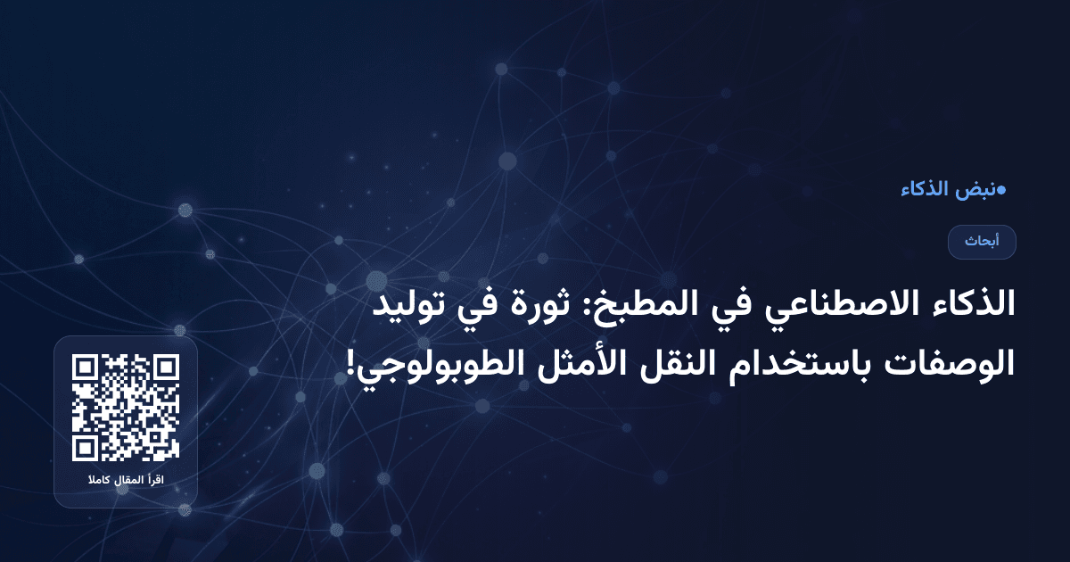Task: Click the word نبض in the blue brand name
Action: pyautogui.click(x=978, y=190)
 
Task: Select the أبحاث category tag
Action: pyautogui.click(x=982, y=242)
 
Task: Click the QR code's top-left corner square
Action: pyautogui.click(x=85, y=368)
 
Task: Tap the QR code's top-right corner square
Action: pyautogui.click(x=167, y=368)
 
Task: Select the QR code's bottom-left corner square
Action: pyautogui.click(x=85, y=449)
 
